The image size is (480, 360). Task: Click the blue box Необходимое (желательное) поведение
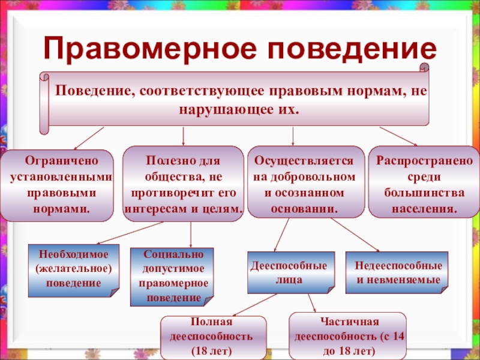(x=73, y=271)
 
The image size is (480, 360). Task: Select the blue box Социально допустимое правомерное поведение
(x=172, y=277)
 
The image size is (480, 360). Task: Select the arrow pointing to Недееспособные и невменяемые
(x=355, y=235)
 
